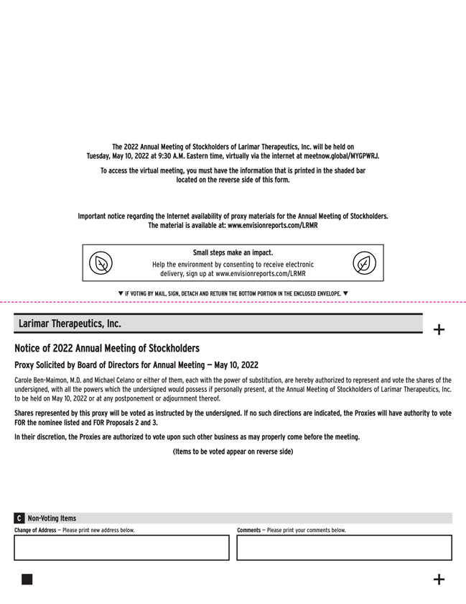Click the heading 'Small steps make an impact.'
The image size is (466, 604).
pyautogui.click(x=233, y=253)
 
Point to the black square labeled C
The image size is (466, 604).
pyautogui.click(x=19, y=518)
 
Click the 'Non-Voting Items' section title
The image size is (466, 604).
pyautogui.click(x=52, y=518)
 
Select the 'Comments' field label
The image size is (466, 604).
pyautogui.click(x=248, y=530)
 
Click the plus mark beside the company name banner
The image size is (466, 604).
pyautogui.click(x=439, y=330)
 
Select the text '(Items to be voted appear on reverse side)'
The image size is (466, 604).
pyautogui.click(x=233, y=451)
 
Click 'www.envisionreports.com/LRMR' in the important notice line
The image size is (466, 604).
pyautogui.click(x=272, y=225)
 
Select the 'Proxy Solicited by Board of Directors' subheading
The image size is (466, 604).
pyautogui.click(x=136, y=365)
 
